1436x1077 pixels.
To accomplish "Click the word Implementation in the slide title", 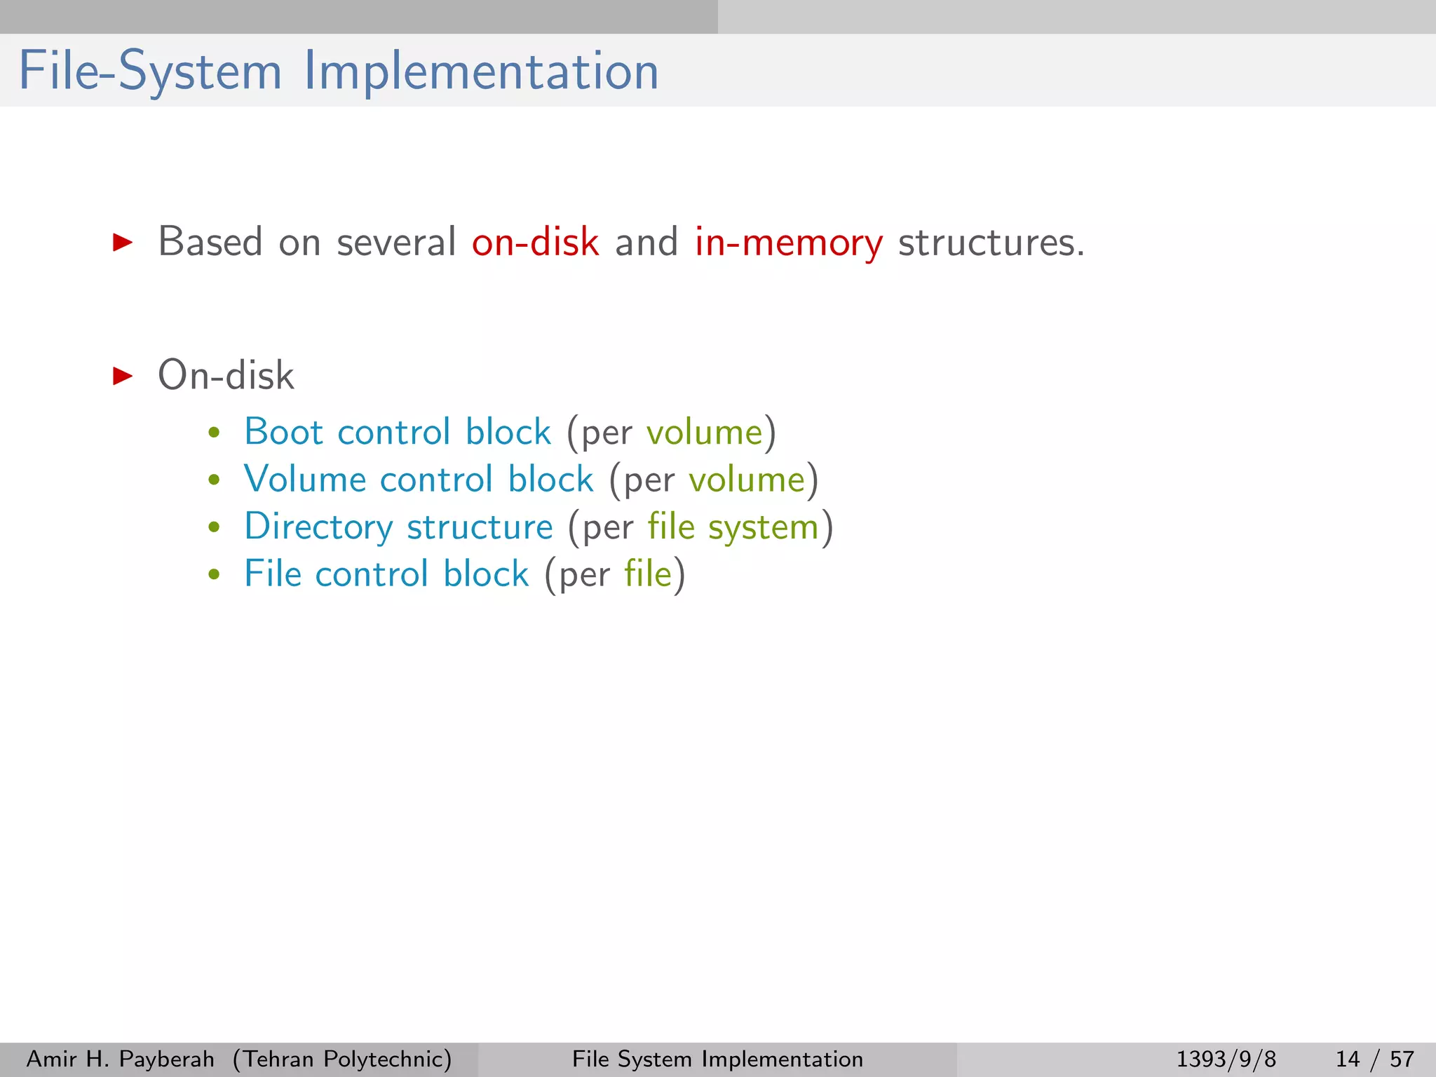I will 481,72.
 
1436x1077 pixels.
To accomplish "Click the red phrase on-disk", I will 535,243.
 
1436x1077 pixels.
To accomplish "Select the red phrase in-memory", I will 788,243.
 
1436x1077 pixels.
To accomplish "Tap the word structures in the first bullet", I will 991,243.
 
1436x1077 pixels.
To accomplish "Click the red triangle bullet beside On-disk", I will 123,376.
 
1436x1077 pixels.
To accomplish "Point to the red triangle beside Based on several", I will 123,243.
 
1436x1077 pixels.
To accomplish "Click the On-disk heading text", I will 226,376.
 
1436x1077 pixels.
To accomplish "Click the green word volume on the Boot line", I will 704,433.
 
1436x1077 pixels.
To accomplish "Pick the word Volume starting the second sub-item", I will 304,480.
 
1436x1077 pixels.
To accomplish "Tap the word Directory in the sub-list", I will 318,527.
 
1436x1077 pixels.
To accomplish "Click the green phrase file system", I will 733,527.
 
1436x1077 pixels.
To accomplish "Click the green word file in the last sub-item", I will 648,574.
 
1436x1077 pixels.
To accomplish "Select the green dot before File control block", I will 215,575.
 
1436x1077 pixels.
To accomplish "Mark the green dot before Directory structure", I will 215,527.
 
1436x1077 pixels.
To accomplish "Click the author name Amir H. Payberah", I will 120,1059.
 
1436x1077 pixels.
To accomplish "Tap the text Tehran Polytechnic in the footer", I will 342,1059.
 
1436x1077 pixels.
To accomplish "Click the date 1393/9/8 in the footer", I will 1226,1059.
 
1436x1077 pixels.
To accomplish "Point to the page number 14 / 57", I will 1374,1059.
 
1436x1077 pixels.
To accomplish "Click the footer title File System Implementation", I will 717,1059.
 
